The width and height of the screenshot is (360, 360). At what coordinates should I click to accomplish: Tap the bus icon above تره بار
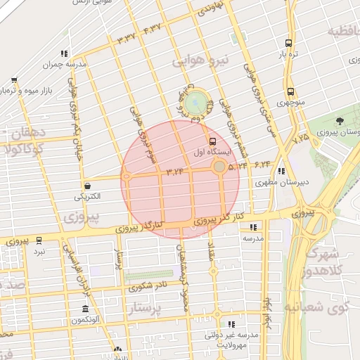289,43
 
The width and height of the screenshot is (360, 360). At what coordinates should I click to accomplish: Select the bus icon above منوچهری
290,91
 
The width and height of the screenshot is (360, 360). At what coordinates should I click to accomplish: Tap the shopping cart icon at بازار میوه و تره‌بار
13,79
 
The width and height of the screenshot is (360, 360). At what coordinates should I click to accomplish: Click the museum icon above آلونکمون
86,309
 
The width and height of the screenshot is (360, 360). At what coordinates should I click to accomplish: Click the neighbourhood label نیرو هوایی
196,62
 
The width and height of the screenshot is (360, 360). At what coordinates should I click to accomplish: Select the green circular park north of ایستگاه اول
198,102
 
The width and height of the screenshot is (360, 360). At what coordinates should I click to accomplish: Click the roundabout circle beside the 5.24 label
219,166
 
